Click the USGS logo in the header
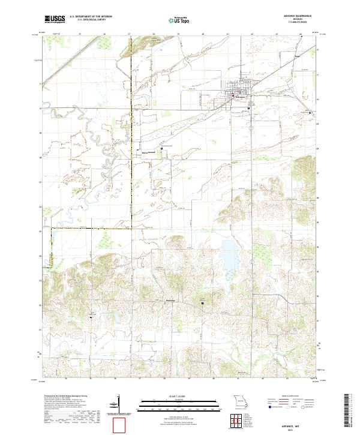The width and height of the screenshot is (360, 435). [54, 19]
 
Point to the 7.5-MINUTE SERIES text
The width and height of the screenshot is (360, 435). [275, 23]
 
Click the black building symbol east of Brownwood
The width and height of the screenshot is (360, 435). [202, 303]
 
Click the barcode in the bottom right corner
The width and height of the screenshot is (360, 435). [349, 414]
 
